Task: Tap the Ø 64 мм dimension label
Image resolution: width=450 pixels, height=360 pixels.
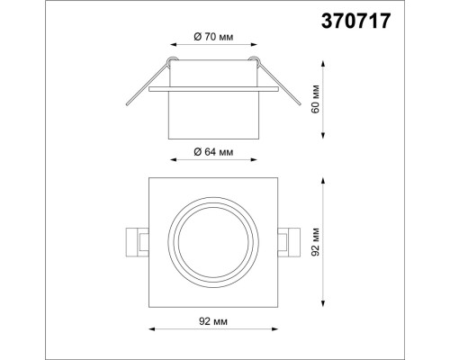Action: click(213, 153)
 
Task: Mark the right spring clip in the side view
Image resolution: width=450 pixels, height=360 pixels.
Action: click(283, 89)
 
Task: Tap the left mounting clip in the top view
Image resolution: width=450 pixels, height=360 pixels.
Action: click(136, 240)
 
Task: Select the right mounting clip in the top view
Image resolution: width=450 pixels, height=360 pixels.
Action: click(290, 240)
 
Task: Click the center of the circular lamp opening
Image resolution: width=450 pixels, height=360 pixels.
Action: click(213, 241)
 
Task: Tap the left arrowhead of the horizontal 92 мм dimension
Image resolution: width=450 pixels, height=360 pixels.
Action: click(149, 329)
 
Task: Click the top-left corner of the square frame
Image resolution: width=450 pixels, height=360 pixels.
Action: click(148, 177)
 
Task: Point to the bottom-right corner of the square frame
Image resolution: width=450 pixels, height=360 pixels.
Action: click(278, 306)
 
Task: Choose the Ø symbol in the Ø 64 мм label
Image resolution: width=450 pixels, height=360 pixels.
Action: click(197, 153)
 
